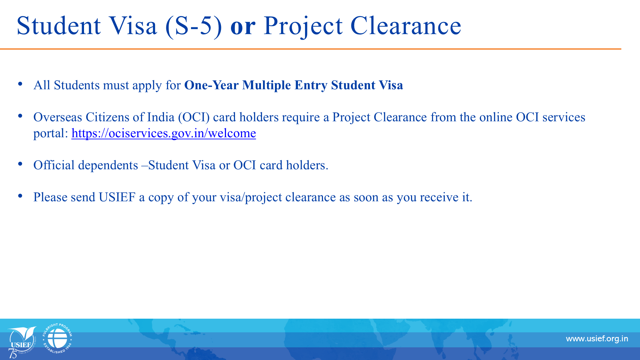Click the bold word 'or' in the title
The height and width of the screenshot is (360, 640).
point(243,26)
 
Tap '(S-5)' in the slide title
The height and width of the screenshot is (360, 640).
point(194,26)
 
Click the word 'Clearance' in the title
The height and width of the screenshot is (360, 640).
point(406,25)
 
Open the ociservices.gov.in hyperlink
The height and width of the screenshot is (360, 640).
point(164,133)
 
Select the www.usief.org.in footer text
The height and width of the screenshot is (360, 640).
point(597,339)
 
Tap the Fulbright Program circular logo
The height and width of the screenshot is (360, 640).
point(57,338)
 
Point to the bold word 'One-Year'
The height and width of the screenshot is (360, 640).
point(211,85)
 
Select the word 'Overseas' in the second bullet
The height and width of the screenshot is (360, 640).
point(58,117)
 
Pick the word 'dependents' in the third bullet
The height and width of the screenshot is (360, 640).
point(108,166)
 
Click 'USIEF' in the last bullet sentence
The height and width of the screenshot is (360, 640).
point(117,197)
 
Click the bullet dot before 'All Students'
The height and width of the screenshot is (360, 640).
point(20,84)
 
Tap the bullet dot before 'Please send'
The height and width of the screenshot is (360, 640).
point(20,196)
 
